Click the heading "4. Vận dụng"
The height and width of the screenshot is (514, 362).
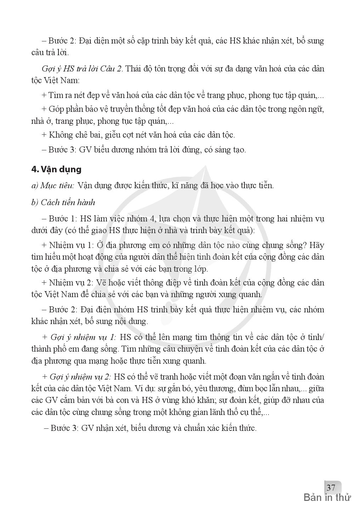[x=56, y=169]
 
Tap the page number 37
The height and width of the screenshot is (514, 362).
[x=330, y=487]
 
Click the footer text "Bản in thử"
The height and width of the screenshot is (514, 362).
[x=327, y=498]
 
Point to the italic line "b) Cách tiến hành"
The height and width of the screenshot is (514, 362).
[x=63, y=202]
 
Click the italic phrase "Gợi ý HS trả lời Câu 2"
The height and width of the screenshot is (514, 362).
[x=82, y=68]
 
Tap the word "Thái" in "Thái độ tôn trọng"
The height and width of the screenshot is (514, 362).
[x=134, y=68]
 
